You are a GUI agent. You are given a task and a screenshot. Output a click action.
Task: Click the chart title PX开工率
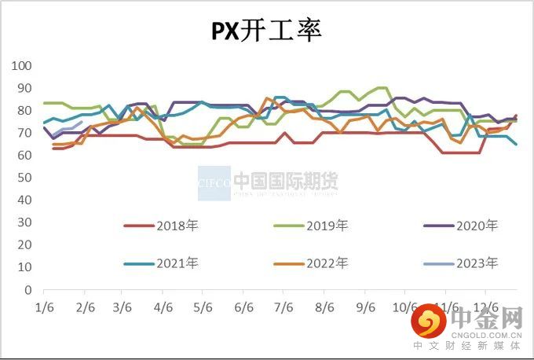click(x=266, y=31)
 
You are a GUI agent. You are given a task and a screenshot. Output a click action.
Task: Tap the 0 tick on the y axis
click(x=26, y=290)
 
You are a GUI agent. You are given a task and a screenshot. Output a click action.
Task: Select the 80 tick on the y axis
click(x=23, y=111)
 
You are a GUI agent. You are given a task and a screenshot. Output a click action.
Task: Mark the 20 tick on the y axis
click(x=23, y=245)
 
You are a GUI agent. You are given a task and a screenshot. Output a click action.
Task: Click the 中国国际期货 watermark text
click(x=286, y=182)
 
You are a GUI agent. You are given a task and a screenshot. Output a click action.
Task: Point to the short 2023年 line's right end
click(x=82, y=122)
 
